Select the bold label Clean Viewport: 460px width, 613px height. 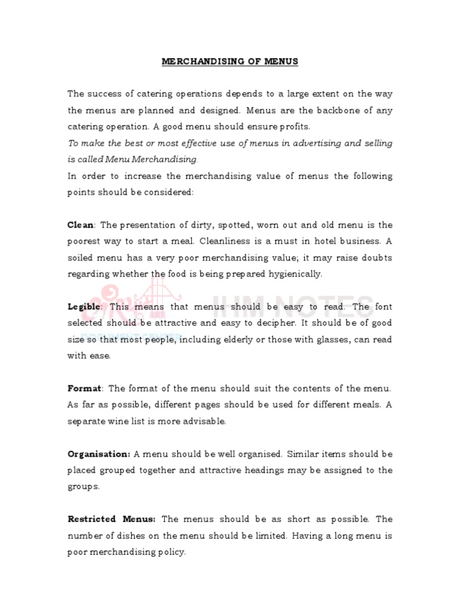click(80, 225)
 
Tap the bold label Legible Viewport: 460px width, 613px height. click(84, 306)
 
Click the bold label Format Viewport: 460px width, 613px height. click(84, 389)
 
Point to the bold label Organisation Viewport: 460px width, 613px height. click(98, 454)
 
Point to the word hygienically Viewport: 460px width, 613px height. click(294, 274)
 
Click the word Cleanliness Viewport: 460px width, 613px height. click(230, 241)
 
